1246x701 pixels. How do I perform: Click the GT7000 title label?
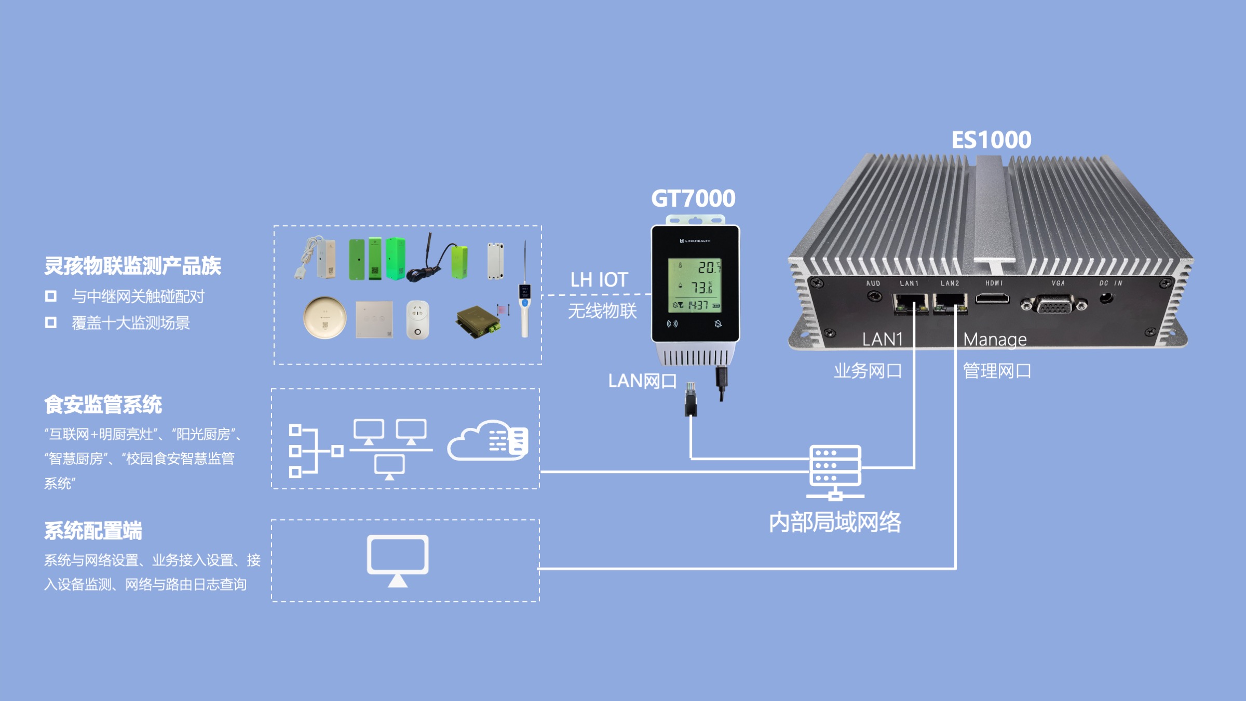point(693,198)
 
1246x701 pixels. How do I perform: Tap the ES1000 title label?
point(991,140)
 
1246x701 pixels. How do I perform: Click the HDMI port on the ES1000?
point(992,299)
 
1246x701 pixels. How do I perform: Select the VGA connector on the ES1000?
point(1054,304)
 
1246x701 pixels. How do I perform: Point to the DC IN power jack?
point(1106,299)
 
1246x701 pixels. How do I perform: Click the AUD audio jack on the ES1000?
point(874,296)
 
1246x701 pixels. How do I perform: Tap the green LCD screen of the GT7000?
point(695,285)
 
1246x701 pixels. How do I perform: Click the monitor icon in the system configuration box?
point(398,560)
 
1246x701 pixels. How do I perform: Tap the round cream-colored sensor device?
point(324,317)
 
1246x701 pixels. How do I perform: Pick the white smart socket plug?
point(417,319)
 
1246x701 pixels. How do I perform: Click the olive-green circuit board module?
point(478,321)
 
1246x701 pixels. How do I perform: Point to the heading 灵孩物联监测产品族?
point(132,266)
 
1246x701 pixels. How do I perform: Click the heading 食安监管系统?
point(103,405)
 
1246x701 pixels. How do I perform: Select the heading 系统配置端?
point(93,531)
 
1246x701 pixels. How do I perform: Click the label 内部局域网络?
point(835,522)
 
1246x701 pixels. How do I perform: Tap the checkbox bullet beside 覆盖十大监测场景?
point(50,322)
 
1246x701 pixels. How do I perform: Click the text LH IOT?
point(599,280)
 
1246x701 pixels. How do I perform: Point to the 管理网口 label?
point(997,371)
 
